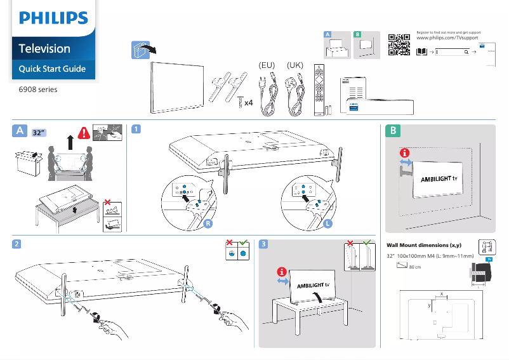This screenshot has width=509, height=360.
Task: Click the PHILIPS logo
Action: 53,18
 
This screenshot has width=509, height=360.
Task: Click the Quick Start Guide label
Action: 52,69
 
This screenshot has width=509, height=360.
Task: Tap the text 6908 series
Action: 38,90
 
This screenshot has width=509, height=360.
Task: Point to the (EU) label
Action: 267,65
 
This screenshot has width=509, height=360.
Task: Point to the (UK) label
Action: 296,65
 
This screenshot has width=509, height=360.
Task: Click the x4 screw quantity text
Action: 249,102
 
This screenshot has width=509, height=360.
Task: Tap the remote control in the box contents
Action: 319,89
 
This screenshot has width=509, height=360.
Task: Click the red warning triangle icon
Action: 84,133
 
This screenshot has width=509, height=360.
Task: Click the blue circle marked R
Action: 208,223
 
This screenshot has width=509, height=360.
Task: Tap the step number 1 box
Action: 135,129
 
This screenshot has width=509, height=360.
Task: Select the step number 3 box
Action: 264,244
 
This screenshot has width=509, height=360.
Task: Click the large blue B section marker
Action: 393,131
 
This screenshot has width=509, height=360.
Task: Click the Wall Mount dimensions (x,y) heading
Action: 423,245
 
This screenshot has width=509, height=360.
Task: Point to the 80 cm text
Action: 416,267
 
